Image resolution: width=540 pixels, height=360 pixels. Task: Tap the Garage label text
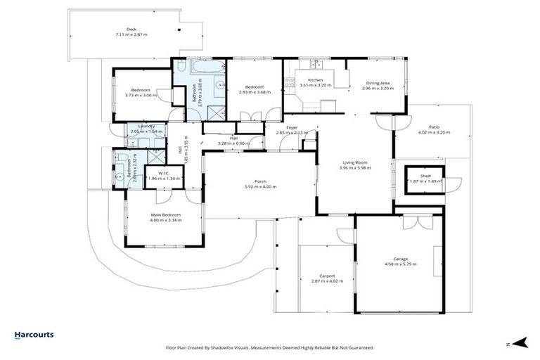tap(401, 259)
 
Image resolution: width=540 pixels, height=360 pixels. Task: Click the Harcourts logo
tap(34, 335)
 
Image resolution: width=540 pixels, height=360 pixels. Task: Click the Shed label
tap(425, 176)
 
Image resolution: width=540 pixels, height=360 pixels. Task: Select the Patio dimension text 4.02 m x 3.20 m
tap(433, 132)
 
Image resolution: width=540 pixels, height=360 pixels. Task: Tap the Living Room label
tap(354, 163)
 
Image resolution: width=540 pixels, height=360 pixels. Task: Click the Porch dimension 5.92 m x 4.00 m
tap(260, 187)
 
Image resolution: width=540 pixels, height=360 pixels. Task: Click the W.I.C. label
tap(162, 173)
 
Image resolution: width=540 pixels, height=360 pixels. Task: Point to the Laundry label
tap(146, 126)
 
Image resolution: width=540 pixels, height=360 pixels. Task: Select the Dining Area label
tap(376, 84)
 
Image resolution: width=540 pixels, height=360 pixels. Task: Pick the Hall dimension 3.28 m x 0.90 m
tap(233, 143)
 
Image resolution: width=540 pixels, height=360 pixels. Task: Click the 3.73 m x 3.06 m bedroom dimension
tap(139, 96)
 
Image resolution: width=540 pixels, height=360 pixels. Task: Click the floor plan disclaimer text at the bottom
tap(269, 347)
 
